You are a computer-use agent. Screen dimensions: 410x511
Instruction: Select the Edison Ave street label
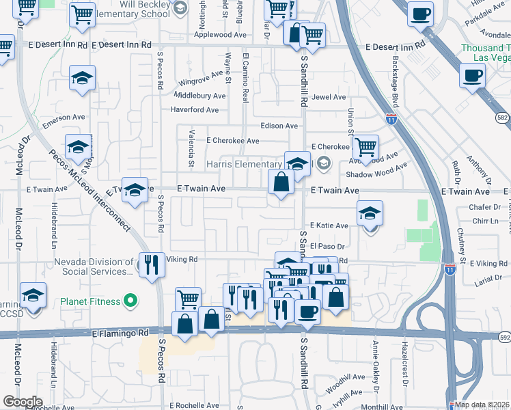click(279, 126)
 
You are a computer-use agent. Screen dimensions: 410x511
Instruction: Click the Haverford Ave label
click(195, 110)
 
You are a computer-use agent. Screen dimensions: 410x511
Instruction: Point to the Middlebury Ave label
click(199, 96)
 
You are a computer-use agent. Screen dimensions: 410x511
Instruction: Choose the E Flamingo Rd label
click(120, 333)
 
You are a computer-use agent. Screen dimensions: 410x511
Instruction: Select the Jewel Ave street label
click(329, 97)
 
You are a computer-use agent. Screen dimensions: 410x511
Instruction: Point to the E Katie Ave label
click(329, 225)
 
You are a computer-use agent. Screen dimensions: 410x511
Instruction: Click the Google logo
click(22, 402)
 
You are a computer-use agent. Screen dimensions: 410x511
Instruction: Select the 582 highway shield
click(503, 118)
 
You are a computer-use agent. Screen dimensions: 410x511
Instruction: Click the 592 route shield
click(504, 337)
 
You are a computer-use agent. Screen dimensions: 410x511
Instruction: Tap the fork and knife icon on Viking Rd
click(152, 264)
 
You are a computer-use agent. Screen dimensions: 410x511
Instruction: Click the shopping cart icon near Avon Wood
click(366, 146)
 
